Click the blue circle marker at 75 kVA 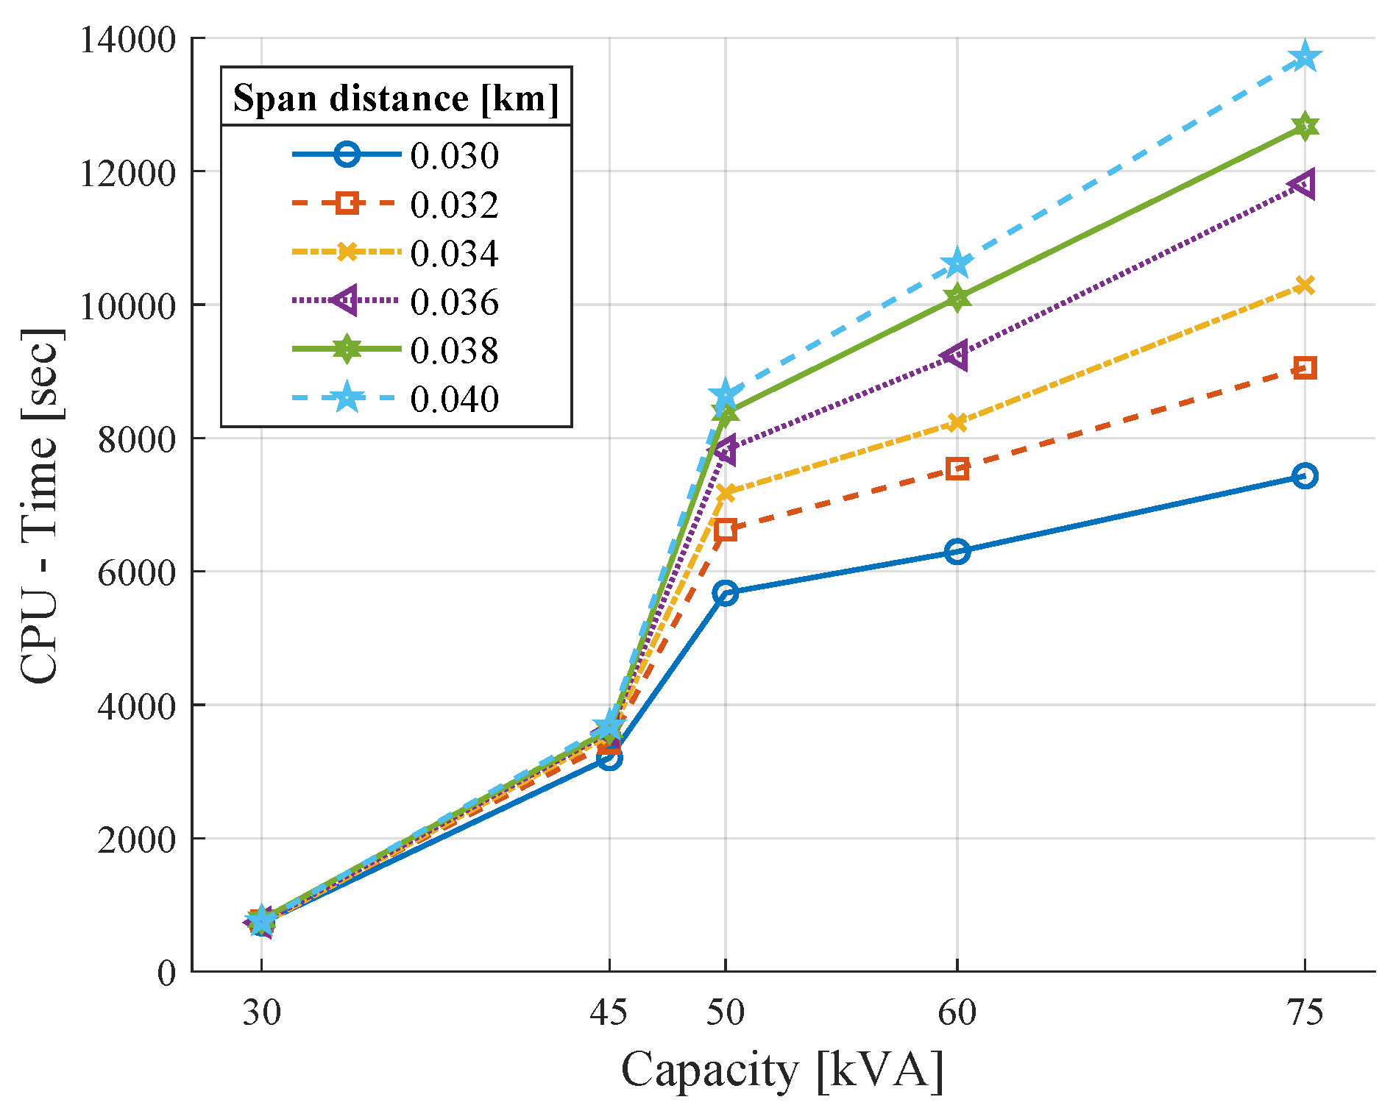[x=1305, y=476]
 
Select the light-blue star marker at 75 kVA [x=1305, y=57]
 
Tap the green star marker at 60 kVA [x=957, y=298]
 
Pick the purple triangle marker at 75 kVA [x=1303, y=184]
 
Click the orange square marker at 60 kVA [x=957, y=469]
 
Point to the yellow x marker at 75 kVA [x=1305, y=285]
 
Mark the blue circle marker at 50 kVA [x=725, y=593]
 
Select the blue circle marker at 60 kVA [x=957, y=551]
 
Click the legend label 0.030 [x=454, y=156]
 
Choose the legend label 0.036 [x=454, y=302]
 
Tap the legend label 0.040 [x=454, y=399]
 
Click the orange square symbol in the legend [x=347, y=203]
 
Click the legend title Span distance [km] [x=396, y=98]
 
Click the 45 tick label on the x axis [x=609, y=1013]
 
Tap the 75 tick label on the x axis [x=1305, y=1013]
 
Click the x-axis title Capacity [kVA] [x=782, y=1070]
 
